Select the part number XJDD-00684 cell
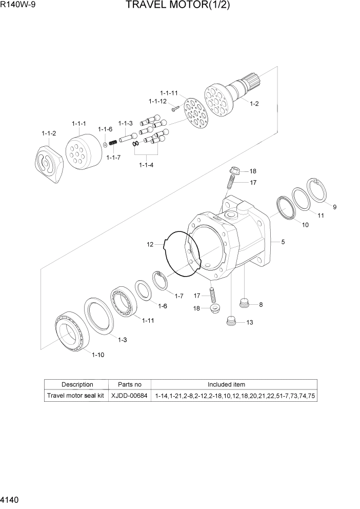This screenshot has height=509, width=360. (129, 396)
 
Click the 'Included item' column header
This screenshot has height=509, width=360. (226, 384)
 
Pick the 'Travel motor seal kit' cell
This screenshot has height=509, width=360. (75, 396)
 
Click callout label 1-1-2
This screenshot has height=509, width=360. (49, 133)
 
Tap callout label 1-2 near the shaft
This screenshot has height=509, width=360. (254, 104)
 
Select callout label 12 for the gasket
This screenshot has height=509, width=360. (150, 245)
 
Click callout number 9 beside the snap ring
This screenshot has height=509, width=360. (334, 207)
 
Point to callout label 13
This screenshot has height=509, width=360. (250, 322)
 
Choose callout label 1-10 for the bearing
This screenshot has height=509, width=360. (97, 355)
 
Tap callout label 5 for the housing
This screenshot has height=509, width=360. (283, 242)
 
